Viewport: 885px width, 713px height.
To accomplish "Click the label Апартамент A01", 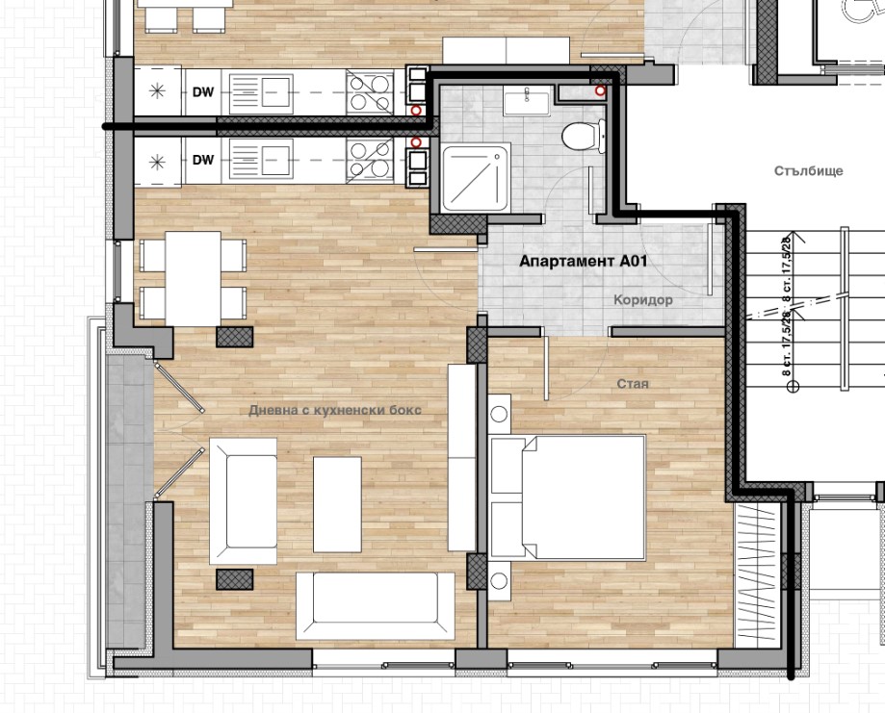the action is [583, 261].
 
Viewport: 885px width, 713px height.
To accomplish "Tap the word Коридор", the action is [643, 300].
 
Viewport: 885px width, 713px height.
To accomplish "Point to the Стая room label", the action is [632, 384].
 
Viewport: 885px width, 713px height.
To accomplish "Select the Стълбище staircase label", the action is [808, 171].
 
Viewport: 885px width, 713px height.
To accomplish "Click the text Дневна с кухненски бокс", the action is [335, 410].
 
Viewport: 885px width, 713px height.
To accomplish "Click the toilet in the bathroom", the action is [584, 136].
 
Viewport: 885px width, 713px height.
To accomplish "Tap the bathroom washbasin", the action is [527, 101].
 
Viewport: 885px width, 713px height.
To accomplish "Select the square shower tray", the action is [475, 177].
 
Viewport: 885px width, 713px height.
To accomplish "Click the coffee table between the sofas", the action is [337, 504].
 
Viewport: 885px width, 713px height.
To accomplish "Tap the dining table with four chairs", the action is [193, 279].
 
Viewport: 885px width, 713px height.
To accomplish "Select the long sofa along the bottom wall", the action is [376, 606].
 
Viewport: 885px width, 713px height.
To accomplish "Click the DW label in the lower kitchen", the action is [203, 160].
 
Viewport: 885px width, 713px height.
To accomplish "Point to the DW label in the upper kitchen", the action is [203, 91].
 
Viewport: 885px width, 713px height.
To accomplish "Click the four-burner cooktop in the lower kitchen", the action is [370, 160].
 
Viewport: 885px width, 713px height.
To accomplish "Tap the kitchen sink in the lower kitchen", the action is [261, 160].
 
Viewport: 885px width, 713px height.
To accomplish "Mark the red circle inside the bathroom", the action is [601, 90].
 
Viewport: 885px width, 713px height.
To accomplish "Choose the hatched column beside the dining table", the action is [234, 337].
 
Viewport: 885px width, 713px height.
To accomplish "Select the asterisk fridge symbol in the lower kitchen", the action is [157, 162].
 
